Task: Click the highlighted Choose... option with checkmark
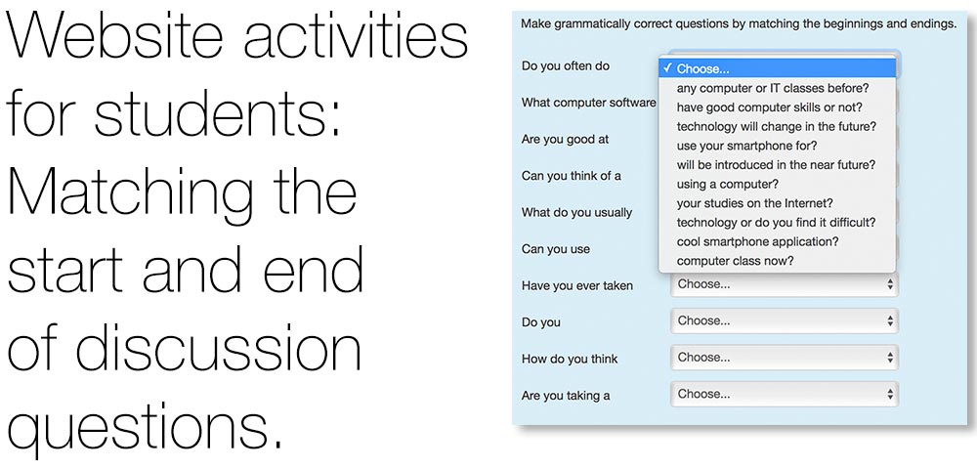click(x=777, y=68)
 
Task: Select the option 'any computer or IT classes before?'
click(x=773, y=89)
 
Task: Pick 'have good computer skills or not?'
click(x=770, y=107)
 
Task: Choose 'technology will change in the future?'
click(x=777, y=126)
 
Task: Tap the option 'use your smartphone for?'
click(x=746, y=146)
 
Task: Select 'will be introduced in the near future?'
click(x=777, y=165)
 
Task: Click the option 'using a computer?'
click(x=728, y=185)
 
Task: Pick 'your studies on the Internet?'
click(x=755, y=203)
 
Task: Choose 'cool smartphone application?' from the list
click(x=758, y=241)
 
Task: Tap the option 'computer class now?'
click(x=736, y=261)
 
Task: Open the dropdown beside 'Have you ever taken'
click(x=784, y=284)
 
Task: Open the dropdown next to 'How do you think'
click(x=784, y=358)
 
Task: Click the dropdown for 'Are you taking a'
click(x=784, y=395)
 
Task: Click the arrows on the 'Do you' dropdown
click(x=890, y=321)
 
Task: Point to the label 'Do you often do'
click(x=565, y=66)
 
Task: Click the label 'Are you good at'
click(x=565, y=140)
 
